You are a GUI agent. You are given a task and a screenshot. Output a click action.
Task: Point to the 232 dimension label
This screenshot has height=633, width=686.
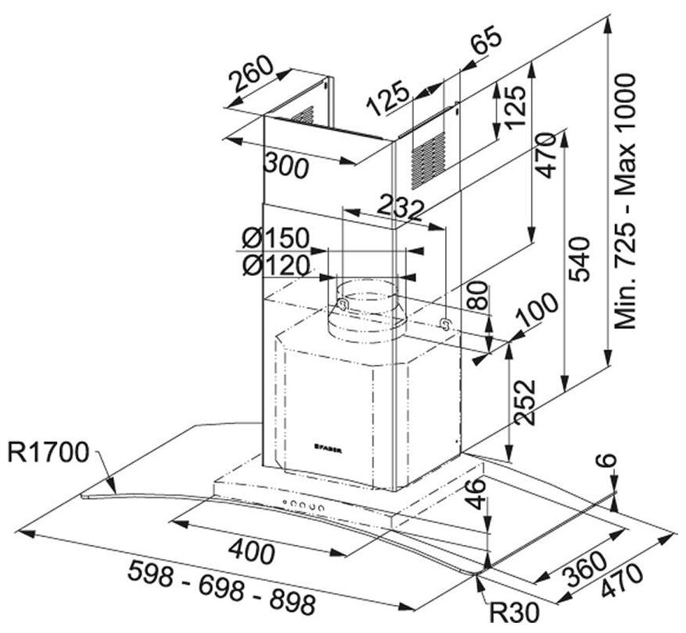point(400,205)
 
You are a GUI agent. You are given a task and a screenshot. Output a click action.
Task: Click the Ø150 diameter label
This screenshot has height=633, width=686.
point(275,237)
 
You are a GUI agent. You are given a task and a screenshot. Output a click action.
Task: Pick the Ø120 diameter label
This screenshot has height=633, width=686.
point(275,265)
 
